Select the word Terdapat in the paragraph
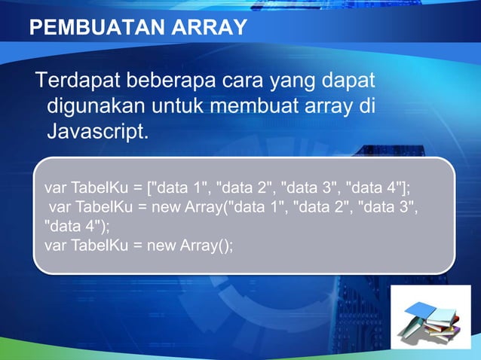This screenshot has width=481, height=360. [78, 80]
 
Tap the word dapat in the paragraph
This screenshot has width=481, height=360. [352, 81]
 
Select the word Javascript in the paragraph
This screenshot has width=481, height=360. [97, 133]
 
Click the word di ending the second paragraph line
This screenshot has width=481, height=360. [367, 106]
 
